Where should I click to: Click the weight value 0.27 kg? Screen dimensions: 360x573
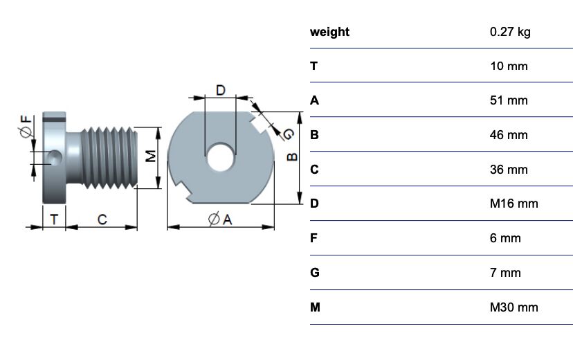tap(509, 32)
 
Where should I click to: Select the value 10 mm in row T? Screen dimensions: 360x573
tap(508, 66)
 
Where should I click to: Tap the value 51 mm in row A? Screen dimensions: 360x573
tap(508, 100)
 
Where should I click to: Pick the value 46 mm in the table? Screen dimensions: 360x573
tap(508, 135)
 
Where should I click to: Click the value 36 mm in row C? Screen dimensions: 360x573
tap(508, 170)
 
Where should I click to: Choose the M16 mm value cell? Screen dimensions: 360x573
tap(513, 204)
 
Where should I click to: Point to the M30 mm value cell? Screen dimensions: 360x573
tap(513, 307)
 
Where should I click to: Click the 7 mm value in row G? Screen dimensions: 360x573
tap(504, 273)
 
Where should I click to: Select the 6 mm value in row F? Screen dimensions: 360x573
tap(504, 238)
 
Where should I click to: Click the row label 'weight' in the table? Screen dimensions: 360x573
tap(329, 32)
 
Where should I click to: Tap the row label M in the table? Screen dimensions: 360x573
tap(315, 307)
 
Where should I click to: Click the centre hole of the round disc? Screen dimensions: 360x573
tap(220, 157)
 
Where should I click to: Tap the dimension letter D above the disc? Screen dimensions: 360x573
tap(220, 90)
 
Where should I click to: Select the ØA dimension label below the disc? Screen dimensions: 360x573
tap(219, 219)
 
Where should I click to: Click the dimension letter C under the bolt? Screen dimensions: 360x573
tap(102, 219)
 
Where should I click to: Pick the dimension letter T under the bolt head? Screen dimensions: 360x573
tap(54, 219)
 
